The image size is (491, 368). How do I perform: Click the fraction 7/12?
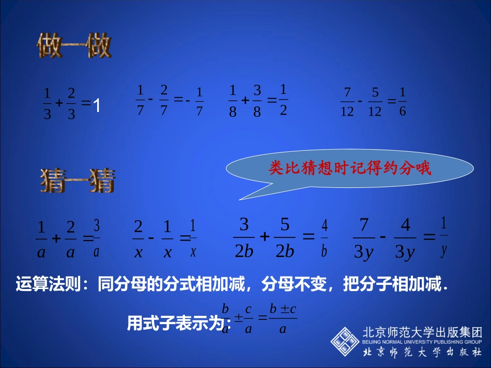[x=347, y=102]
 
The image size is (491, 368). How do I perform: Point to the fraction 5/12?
[x=375, y=102]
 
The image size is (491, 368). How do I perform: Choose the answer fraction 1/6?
[x=403, y=102]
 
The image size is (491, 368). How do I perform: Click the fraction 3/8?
[x=257, y=101]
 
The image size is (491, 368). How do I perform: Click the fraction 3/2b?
[x=244, y=237]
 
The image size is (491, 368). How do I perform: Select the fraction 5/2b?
[x=285, y=237]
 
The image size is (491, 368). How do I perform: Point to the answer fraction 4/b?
[x=325, y=238]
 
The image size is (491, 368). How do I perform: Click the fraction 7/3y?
[x=364, y=238]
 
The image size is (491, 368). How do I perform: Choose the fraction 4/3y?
[x=405, y=238]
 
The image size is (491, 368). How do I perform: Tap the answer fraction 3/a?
[x=97, y=238]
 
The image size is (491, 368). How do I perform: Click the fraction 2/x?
[x=138, y=238]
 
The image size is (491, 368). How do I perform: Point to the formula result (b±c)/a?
[x=282, y=319]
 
